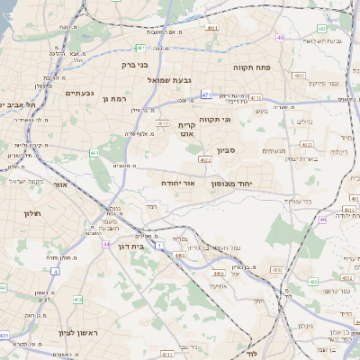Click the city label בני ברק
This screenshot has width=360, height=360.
coord(134,65)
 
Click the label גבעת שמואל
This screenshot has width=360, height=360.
coord(170,80)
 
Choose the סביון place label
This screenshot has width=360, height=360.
coord(225,151)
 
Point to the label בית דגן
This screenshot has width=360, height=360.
coord(131,245)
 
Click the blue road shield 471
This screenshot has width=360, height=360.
coord(207,94)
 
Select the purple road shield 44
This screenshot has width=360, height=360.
coord(106,244)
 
